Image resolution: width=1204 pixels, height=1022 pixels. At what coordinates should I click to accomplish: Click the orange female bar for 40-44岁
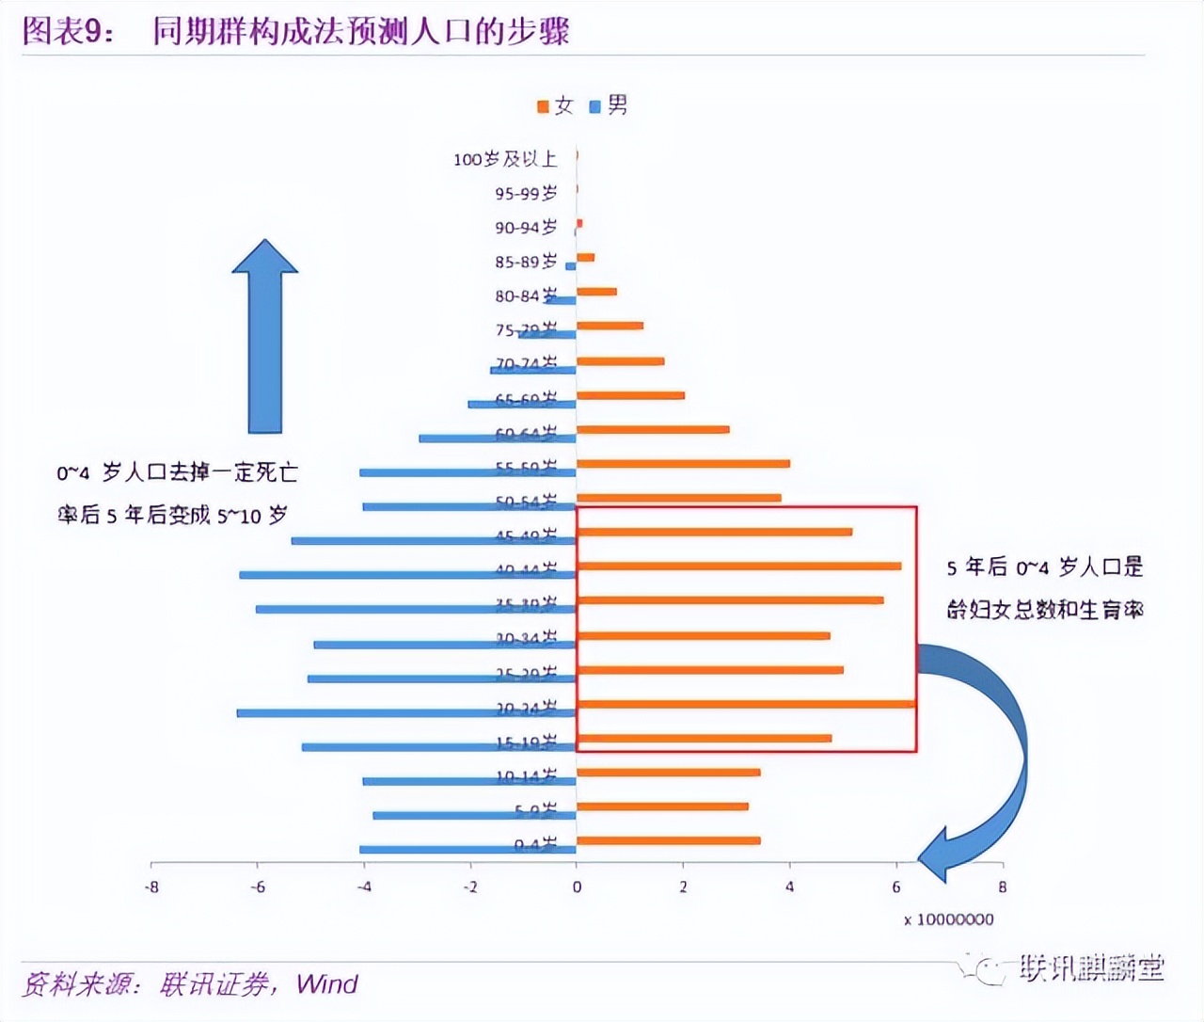(x=739, y=566)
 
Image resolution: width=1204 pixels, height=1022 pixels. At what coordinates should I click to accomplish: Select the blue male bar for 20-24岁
(x=406, y=713)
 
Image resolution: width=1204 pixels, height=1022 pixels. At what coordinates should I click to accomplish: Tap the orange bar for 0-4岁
(x=669, y=840)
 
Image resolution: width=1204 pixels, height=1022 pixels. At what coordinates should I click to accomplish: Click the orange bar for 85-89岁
(x=586, y=257)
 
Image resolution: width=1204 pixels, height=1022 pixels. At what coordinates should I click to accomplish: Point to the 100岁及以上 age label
(x=505, y=159)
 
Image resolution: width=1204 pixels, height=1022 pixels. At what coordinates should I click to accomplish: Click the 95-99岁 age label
(x=526, y=193)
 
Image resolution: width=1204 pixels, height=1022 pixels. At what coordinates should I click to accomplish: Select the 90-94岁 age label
(x=526, y=227)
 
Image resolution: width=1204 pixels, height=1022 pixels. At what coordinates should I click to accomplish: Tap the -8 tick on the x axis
(x=151, y=886)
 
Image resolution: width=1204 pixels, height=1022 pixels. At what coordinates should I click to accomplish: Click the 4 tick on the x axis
(x=789, y=886)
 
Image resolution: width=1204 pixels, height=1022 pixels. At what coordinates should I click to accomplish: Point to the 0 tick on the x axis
(x=577, y=886)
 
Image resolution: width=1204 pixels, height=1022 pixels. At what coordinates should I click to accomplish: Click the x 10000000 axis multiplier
(x=948, y=919)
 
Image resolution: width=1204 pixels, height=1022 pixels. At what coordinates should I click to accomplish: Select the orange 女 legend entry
(x=555, y=105)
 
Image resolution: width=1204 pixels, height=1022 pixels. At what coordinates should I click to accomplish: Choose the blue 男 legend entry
(x=609, y=105)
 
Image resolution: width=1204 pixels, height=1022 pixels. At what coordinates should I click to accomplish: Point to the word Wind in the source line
(x=326, y=984)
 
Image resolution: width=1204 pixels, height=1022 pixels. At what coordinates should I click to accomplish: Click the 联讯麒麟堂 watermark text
(x=1091, y=967)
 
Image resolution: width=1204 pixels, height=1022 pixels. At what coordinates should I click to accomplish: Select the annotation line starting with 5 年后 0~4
(x=1044, y=567)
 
